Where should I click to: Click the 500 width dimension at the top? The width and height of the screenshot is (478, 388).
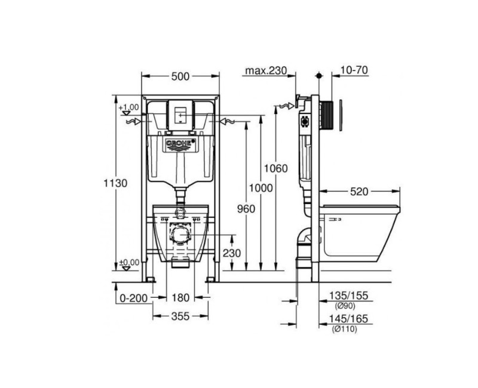180,76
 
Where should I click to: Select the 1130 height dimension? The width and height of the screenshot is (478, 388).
115,183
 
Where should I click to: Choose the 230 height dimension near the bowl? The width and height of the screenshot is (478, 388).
232,253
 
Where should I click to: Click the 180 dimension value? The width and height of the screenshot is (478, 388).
180,297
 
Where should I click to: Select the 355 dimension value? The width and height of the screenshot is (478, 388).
180,317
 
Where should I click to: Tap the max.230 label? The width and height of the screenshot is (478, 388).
266,70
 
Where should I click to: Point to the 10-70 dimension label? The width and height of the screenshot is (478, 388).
354,70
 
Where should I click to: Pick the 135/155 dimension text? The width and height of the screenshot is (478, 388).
349,295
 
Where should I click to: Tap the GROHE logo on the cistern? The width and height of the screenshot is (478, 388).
180,144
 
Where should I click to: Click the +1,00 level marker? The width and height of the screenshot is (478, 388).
128,107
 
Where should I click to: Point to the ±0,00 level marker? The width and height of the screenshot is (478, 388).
128,262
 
